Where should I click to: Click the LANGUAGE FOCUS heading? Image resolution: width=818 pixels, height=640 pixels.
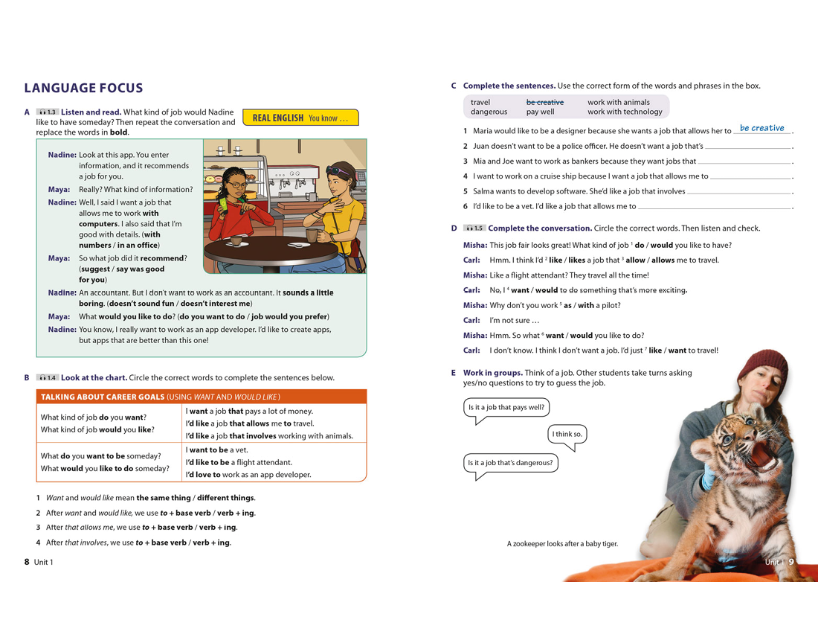pos(83,89)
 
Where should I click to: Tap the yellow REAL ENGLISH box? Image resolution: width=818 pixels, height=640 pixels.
pos(300,118)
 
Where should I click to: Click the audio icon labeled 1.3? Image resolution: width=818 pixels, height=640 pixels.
pos(47,112)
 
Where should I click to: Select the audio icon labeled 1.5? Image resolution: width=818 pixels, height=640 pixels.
pos(474,228)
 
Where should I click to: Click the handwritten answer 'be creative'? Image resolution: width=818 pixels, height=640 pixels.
pos(761,128)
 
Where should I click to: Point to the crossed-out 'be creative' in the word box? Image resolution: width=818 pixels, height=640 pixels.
pos(544,102)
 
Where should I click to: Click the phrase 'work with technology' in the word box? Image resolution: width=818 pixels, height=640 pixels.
pos(624,112)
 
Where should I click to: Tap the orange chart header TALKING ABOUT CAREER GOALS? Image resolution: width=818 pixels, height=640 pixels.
pos(161,397)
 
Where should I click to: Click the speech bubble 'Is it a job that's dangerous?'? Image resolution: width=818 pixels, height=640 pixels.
pos(510,463)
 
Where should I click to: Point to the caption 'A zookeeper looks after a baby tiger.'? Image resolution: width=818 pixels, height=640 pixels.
pos(562,544)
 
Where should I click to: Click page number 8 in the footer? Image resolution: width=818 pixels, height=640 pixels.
pos(27,562)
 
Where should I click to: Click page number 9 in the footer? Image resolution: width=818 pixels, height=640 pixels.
pos(791,562)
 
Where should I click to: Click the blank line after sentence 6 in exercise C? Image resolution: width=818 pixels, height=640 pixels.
pos(714,206)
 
